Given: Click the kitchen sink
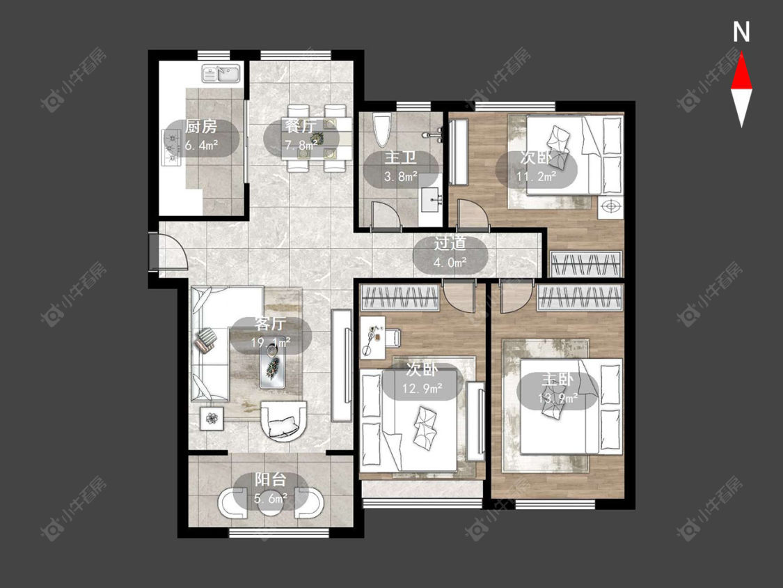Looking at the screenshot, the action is (x=221, y=74).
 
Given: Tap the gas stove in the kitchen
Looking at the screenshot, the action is (x=171, y=147).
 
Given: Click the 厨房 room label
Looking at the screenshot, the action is (x=200, y=127).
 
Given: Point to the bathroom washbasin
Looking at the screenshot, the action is (x=429, y=199).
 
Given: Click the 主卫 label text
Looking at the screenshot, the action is (x=400, y=159).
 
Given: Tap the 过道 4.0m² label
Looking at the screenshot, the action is (x=450, y=252).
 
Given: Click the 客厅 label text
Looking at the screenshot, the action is (x=270, y=325).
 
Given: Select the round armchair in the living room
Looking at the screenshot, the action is (x=284, y=421).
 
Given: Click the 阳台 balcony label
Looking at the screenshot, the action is (x=270, y=480).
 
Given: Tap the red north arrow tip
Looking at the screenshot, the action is (x=741, y=54).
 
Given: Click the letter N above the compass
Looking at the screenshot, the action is (x=741, y=33).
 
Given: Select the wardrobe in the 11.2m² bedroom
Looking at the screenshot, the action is (x=586, y=263).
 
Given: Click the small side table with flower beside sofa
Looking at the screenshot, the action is (x=212, y=418).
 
